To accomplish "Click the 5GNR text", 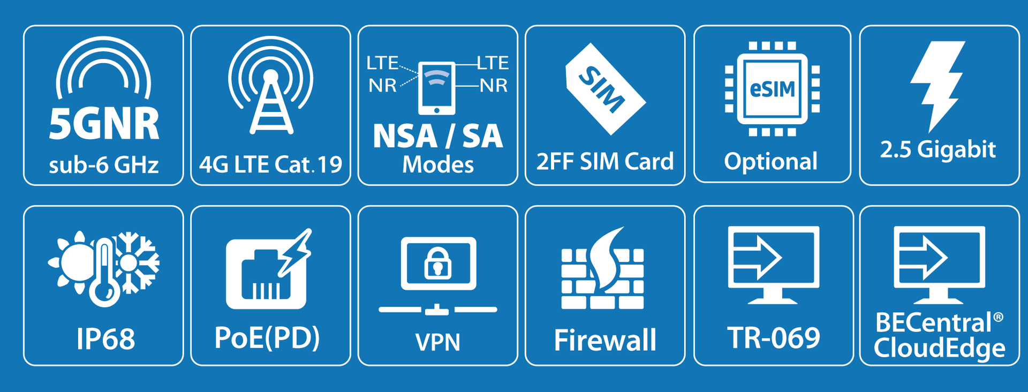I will pos(104,124).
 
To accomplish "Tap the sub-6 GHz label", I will pos(104,165).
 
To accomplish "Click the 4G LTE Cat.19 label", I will pos(270,164).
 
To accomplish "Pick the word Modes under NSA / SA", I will pos(438,165).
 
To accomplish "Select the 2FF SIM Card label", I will pos(605,161).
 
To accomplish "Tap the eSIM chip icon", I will pos(772,89).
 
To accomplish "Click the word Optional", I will pos(771,161).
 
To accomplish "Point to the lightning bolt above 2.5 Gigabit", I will pos(938,83).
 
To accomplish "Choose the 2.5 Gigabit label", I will pos(938,149).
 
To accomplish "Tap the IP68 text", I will pos(105,339).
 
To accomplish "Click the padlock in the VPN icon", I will pos(438,263).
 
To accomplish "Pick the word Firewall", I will pos(605,340).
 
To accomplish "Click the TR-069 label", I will pos(774,338).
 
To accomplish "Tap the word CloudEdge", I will pos(939,348).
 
